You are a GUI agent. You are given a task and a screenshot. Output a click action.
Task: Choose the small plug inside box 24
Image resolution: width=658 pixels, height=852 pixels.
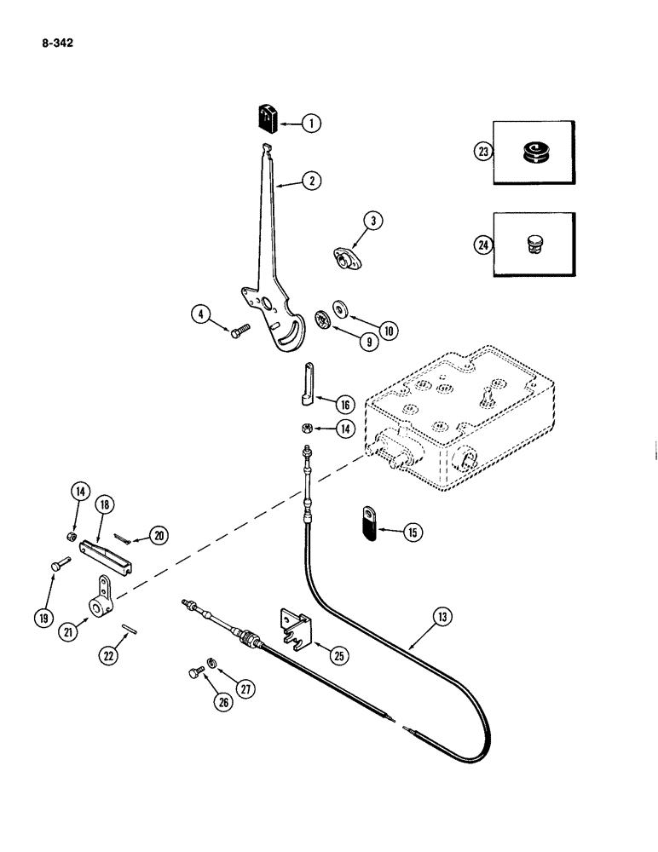click(x=532, y=245)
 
